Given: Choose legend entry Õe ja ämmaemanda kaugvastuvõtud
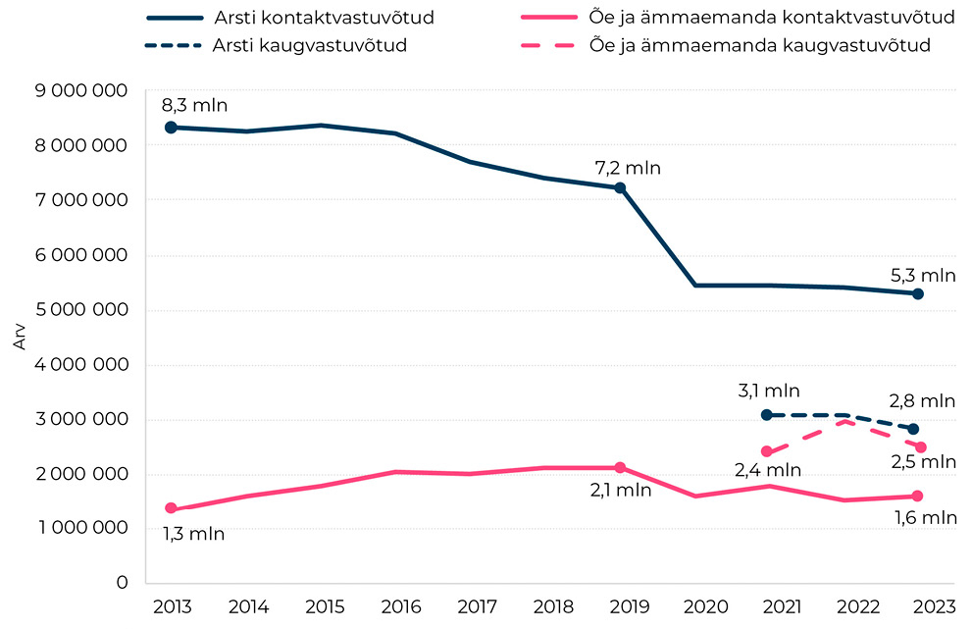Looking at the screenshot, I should click(x=759, y=45).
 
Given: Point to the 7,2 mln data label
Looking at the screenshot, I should click(x=628, y=168).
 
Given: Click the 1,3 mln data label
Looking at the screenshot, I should click(x=192, y=535).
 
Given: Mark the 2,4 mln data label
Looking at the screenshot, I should click(x=768, y=470).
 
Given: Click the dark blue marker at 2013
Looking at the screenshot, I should click(x=171, y=128).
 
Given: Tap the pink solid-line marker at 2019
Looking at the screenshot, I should click(x=620, y=467).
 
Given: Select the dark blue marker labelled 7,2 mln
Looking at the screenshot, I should click(x=620, y=187).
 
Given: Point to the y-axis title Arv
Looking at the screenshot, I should click(x=20, y=338).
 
